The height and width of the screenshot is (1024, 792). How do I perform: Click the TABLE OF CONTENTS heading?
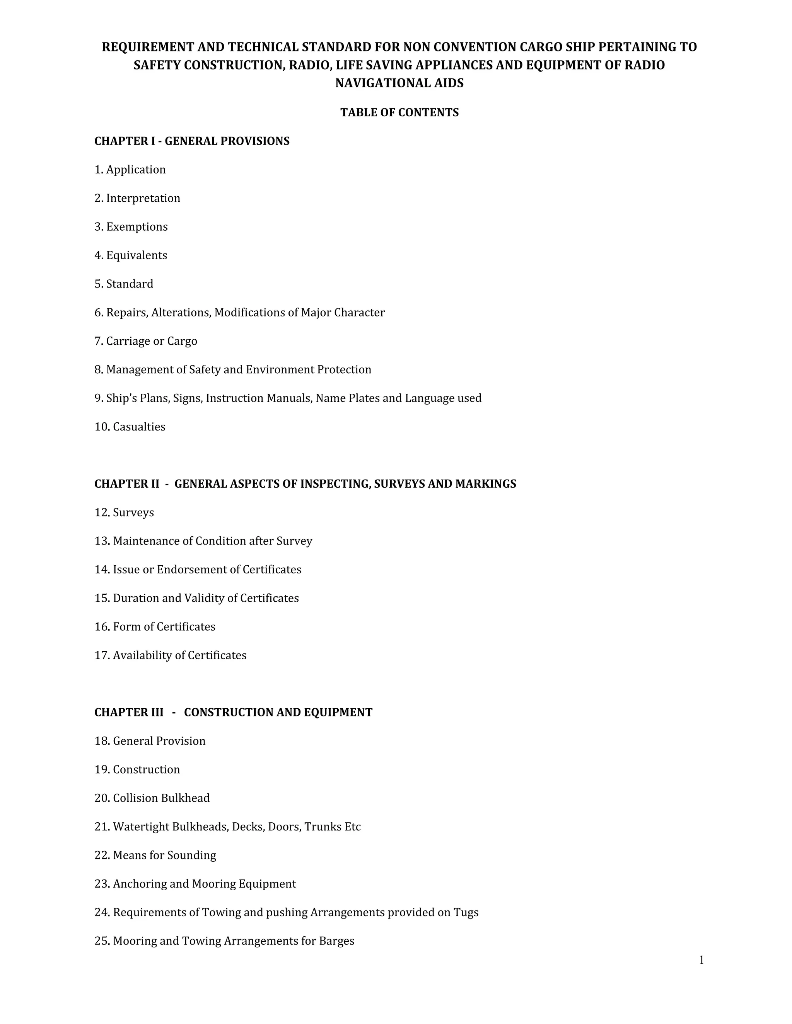tap(399, 112)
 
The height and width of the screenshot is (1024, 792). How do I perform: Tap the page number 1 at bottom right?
tap(702, 960)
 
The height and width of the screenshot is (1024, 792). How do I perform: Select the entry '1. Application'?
tap(130, 170)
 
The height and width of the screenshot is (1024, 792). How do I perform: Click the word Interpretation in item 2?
tap(143, 198)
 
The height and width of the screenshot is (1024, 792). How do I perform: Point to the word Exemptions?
tap(137, 227)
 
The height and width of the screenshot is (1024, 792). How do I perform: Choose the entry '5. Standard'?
tap(124, 284)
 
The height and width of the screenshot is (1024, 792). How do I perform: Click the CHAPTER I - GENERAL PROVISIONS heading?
tap(192, 141)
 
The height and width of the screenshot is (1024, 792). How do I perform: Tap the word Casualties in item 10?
tap(139, 427)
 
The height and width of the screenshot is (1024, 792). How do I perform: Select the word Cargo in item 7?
tap(182, 341)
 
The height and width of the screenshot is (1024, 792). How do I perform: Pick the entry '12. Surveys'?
tap(124, 512)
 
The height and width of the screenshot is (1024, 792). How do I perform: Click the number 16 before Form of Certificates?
tap(102, 627)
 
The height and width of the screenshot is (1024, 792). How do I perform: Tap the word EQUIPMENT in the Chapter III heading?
tap(338, 713)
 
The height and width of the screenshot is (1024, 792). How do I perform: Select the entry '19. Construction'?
tap(137, 770)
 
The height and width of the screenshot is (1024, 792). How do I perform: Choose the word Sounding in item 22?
tap(191, 856)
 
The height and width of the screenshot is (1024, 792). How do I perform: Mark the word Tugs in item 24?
tap(466, 913)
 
